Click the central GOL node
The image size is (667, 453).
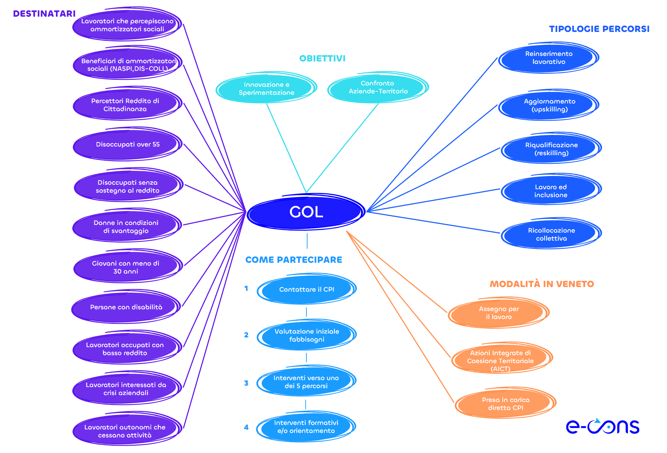tap(306, 212)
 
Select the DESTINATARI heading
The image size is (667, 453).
tap(44, 14)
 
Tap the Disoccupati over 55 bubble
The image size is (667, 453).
tap(127, 144)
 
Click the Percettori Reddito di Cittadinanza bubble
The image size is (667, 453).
tap(125, 105)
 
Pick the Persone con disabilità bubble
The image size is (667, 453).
tap(126, 307)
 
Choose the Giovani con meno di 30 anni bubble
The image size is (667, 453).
tap(126, 267)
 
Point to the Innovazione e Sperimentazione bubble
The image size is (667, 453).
tap(266, 89)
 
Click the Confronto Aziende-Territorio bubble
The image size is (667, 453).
tap(378, 87)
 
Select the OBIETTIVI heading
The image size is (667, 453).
tap(322, 58)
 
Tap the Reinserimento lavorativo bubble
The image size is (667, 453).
tap(549, 58)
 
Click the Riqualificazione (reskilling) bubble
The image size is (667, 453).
tap(551, 149)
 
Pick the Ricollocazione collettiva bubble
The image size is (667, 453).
tap(551, 234)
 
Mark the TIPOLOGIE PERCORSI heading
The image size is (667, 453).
tap(599, 29)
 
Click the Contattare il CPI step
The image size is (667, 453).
tap(306, 290)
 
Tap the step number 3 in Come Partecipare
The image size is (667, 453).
tap(246, 383)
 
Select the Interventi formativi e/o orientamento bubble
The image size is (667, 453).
tap(306, 427)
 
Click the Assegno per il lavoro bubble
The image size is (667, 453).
tap(499, 313)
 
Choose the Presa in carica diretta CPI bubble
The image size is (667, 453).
tap(505, 404)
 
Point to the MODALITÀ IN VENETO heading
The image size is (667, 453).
tap(542, 284)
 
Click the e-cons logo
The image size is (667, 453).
tap(602, 427)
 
